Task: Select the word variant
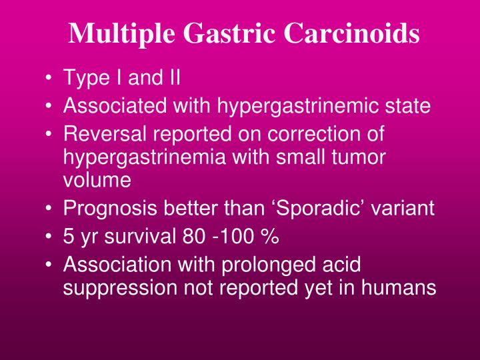click(407, 209)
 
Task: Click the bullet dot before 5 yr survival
click(52, 237)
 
